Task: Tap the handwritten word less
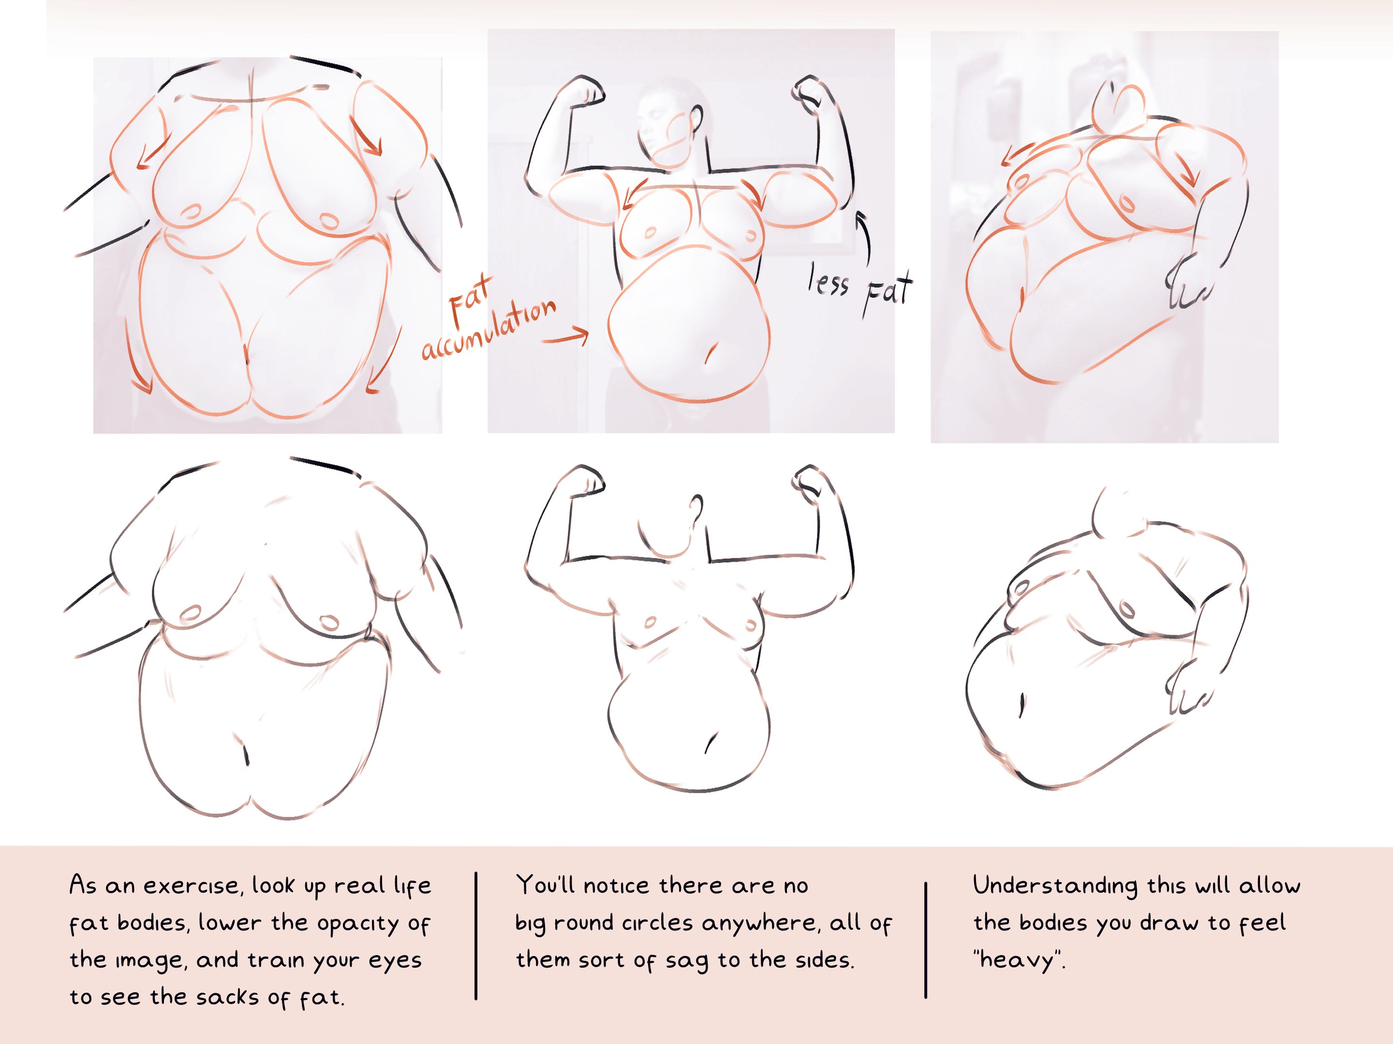(x=829, y=281)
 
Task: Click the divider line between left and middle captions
(x=476, y=936)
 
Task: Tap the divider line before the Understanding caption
(x=926, y=940)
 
